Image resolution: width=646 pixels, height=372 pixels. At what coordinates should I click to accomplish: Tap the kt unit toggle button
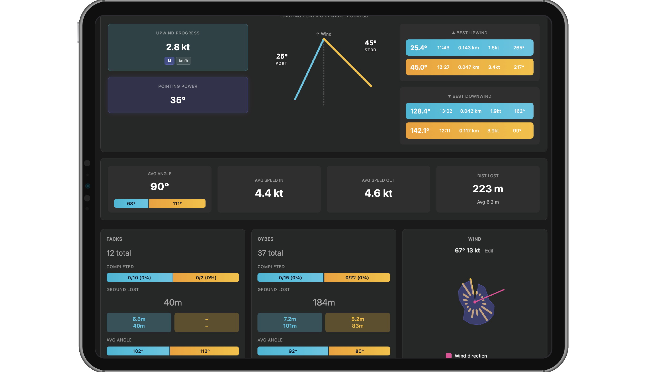click(x=169, y=61)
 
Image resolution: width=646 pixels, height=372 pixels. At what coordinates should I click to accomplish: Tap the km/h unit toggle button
click(x=183, y=61)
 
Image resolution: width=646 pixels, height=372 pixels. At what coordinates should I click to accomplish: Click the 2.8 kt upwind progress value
click(x=178, y=47)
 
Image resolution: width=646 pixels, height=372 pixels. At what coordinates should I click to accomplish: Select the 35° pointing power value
click(x=178, y=100)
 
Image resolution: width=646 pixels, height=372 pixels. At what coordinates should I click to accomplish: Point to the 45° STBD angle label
click(x=370, y=45)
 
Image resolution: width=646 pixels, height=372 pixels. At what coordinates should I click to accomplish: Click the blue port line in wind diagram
click(x=309, y=69)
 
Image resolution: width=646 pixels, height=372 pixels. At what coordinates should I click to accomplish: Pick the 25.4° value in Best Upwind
click(x=418, y=48)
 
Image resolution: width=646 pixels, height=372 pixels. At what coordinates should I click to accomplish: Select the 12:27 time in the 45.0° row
click(x=443, y=67)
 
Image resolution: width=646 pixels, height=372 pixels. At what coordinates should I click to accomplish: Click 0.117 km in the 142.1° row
click(x=469, y=131)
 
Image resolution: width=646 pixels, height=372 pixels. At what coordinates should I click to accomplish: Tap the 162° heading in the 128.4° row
click(x=519, y=111)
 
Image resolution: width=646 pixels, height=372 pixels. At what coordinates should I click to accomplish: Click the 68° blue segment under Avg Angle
click(x=131, y=204)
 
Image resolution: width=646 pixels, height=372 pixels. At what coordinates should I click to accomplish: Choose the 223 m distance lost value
click(x=488, y=189)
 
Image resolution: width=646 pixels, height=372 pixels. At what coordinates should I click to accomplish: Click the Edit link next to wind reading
click(x=489, y=251)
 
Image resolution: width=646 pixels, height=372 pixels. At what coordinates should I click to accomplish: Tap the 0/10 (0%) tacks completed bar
click(x=139, y=278)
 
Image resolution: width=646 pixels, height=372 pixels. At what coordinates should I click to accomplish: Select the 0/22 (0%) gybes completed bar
click(x=357, y=278)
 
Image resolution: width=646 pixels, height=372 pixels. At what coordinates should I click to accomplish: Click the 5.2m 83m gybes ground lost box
click(x=358, y=322)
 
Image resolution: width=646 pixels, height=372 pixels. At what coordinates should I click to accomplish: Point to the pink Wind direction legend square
click(x=449, y=356)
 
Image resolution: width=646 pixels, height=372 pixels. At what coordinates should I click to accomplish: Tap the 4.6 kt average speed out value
click(x=378, y=193)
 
